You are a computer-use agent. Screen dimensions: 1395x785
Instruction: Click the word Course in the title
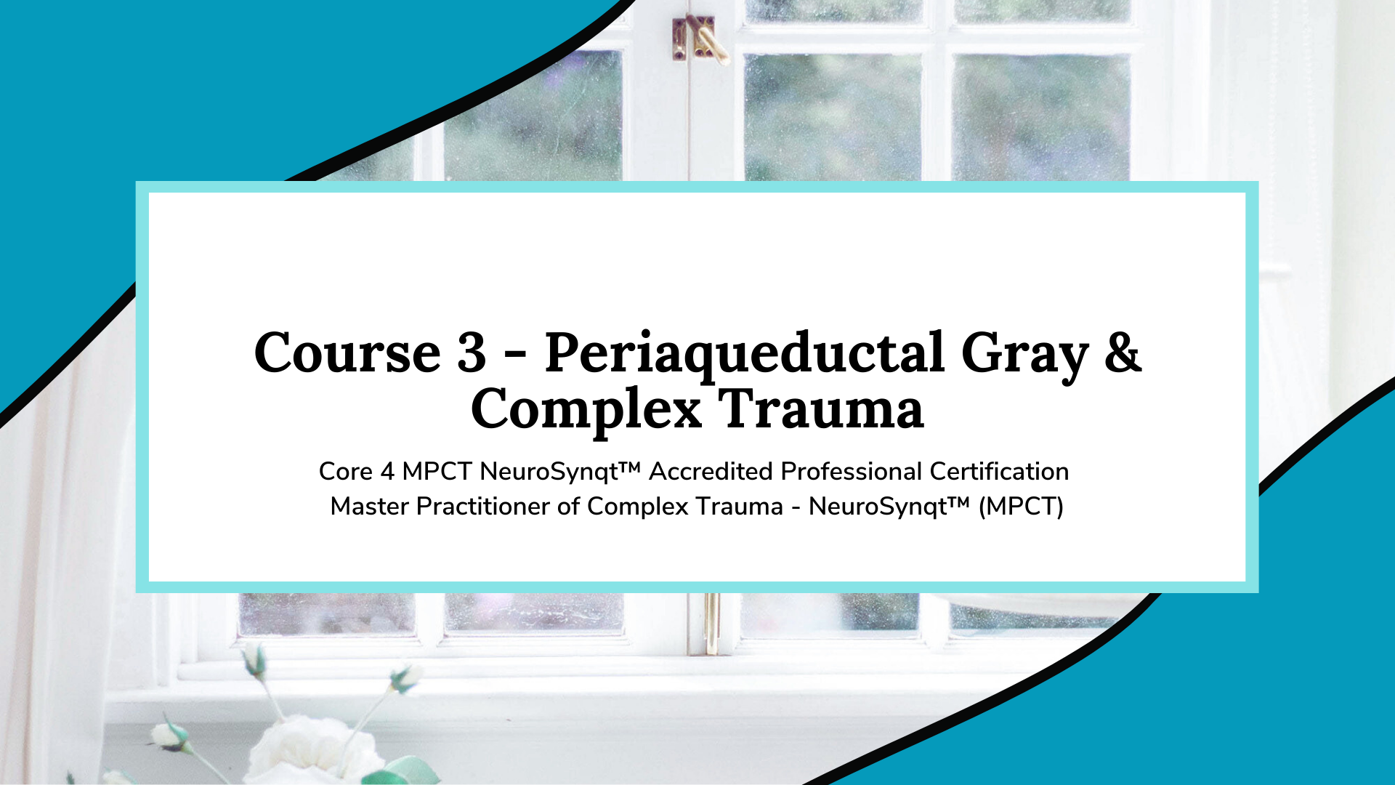click(x=347, y=353)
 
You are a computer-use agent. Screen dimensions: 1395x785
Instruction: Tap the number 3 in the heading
click(x=472, y=353)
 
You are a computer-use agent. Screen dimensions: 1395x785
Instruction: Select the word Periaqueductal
click(x=745, y=356)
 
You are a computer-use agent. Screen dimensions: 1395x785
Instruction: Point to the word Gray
click(x=1024, y=357)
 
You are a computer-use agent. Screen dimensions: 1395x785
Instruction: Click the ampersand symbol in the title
click(x=1123, y=353)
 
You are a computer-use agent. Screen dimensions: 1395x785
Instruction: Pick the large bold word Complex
click(x=586, y=411)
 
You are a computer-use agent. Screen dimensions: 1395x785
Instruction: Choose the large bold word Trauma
click(x=821, y=408)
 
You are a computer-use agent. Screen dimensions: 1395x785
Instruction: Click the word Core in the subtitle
click(x=346, y=472)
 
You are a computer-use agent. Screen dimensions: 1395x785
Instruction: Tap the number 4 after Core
click(x=387, y=472)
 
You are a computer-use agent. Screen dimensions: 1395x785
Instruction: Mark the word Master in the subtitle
click(x=370, y=507)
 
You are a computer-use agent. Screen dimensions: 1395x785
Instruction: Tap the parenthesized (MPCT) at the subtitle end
click(x=1021, y=507)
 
